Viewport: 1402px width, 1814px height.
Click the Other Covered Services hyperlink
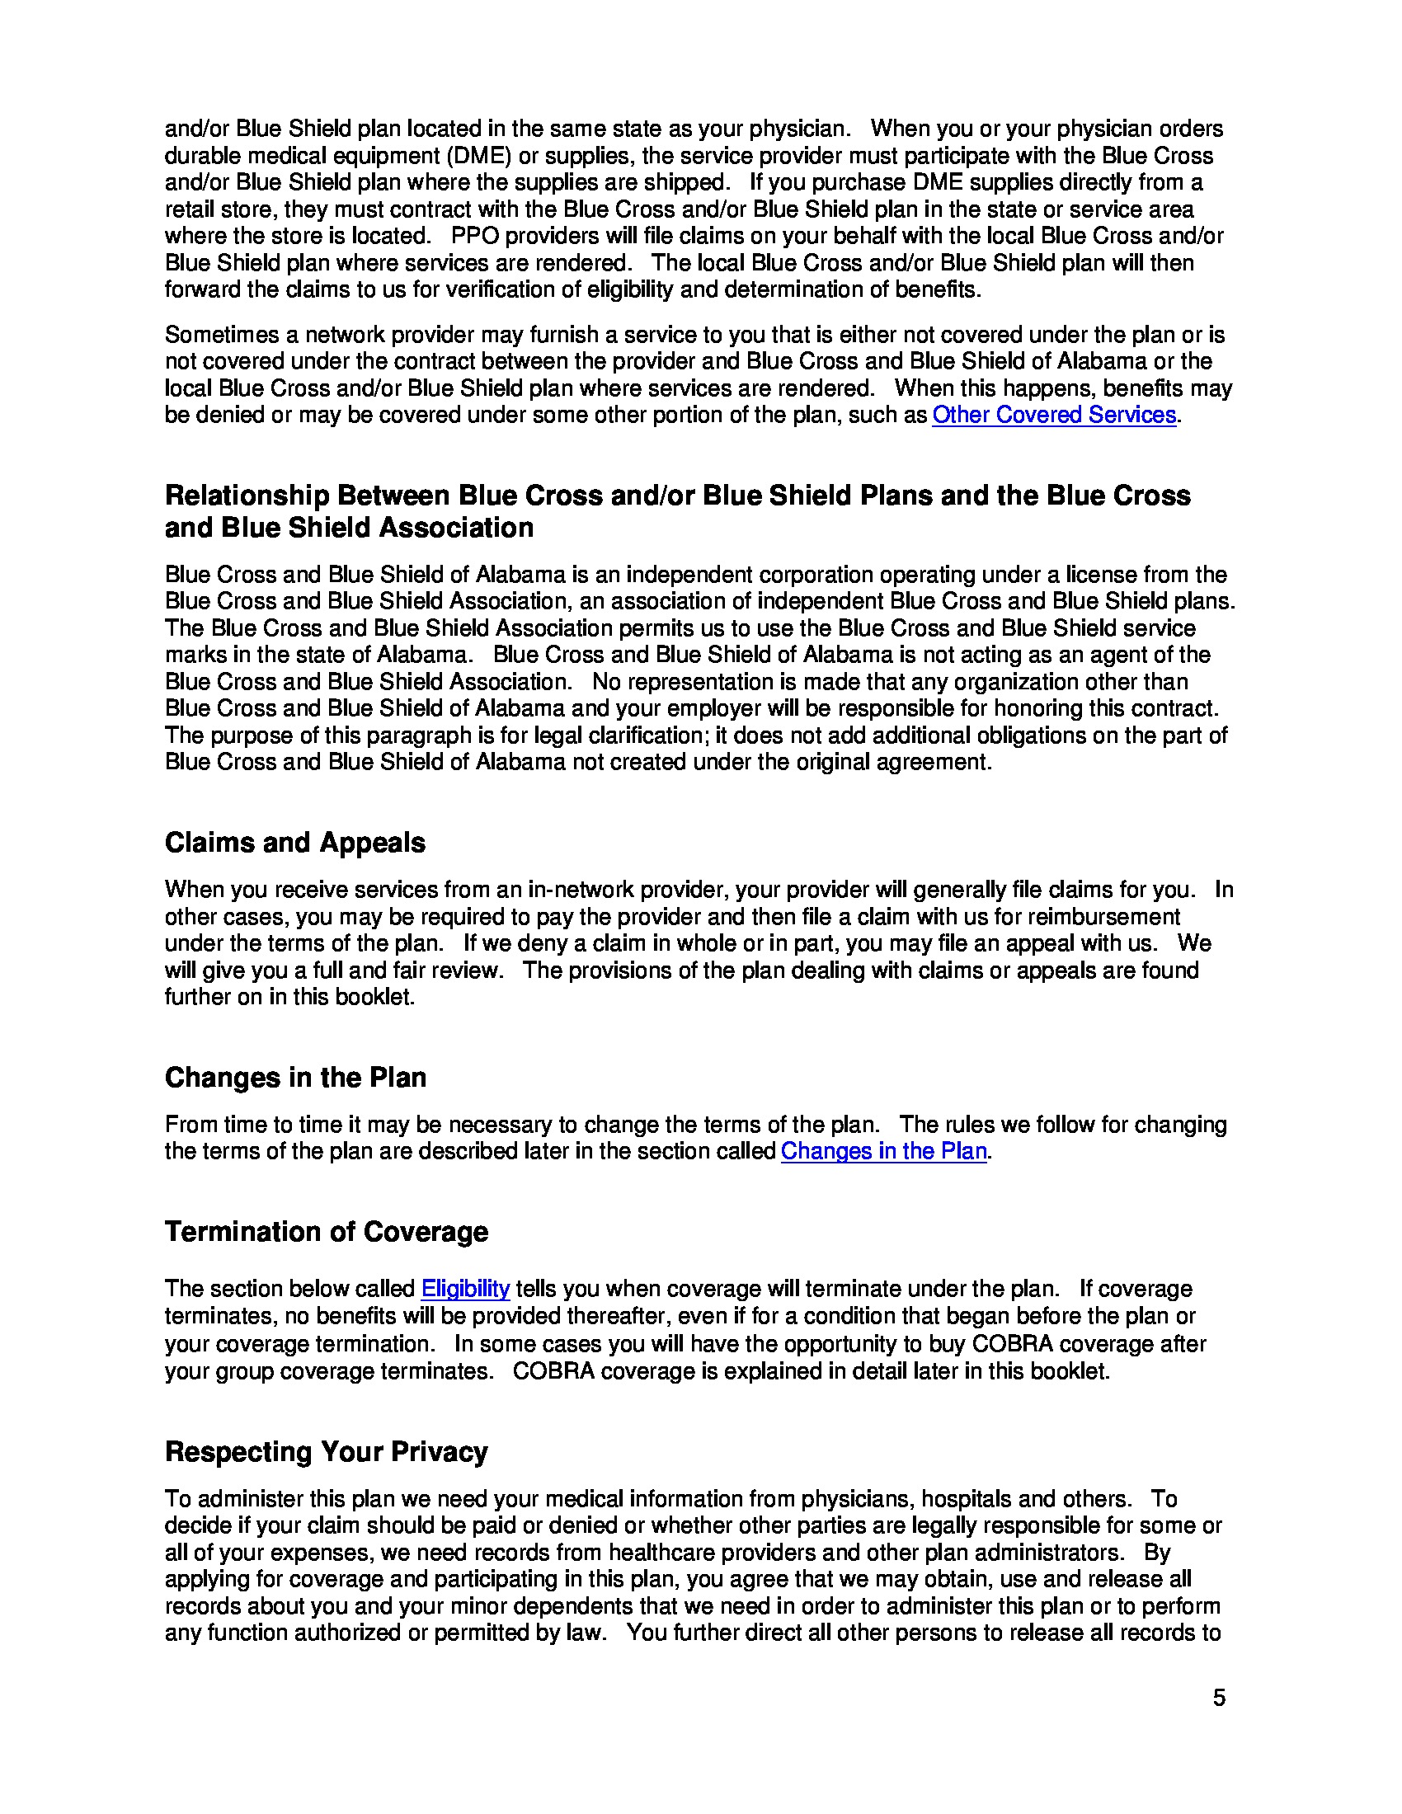point(1053,415)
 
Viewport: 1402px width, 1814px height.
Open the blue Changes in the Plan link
point(884,1151)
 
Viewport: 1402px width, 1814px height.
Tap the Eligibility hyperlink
point(465,1289)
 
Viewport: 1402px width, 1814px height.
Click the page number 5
point(1218,1698)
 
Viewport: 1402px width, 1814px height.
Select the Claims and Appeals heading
point(295,842)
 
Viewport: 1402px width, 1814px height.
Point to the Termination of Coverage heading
point(327,1231)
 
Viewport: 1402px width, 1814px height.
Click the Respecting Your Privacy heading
point(327,1451)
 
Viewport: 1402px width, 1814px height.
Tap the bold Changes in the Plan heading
point(295,1078)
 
